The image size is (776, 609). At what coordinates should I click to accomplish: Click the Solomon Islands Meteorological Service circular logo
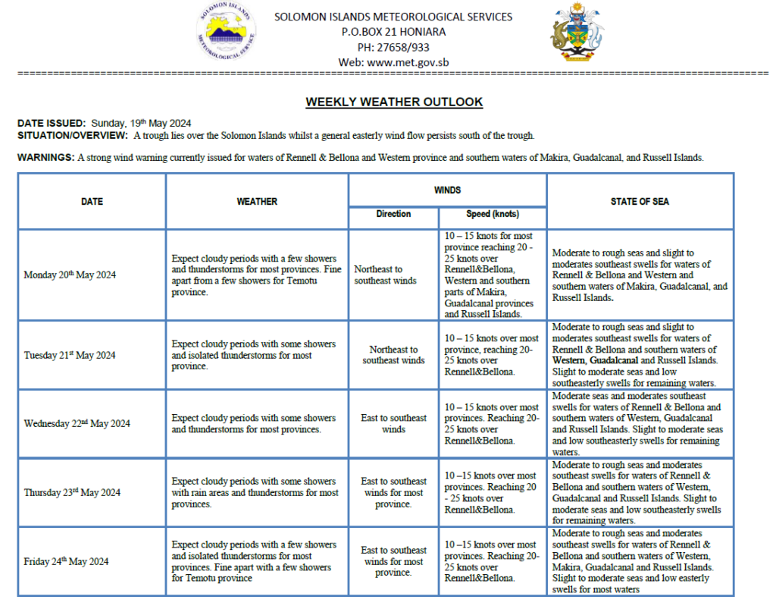(x=226, y=32)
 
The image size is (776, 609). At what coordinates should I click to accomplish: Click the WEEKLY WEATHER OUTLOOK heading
(x=394, y=102)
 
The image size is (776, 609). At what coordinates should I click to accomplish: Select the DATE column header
(x=92, y=202)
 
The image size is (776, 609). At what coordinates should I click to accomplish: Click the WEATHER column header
(x=257, y=202)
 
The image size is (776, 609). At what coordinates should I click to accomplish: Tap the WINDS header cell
(x=447, y=190)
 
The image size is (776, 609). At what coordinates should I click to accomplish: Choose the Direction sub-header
(x=393, y=215)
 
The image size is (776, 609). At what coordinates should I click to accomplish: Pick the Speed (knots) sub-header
(x=492, y=215)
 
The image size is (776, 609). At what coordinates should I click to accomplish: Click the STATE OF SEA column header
(x=640, y=202)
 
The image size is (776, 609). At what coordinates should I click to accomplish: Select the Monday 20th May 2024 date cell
(x=70, y=275)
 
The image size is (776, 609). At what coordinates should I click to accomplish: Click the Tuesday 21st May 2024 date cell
(x=70, y=355)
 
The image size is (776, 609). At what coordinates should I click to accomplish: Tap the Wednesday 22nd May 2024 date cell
(x=77, y=423)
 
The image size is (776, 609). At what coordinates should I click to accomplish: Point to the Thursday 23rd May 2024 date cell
(x=72, y=492)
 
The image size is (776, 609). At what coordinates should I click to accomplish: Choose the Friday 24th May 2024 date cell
(x=66, y=561)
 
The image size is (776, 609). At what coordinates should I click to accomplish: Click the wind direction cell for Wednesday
(x=393, y=423)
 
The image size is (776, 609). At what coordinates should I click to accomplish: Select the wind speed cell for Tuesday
(x=492, y=355)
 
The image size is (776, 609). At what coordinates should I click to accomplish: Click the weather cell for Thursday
(x=256, y=492)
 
